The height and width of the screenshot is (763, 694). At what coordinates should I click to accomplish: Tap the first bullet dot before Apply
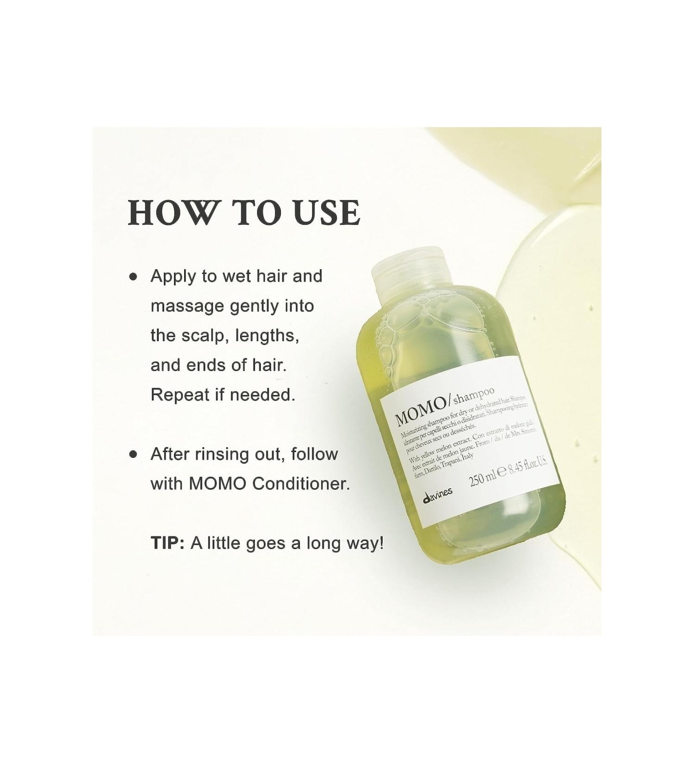pos(134,277)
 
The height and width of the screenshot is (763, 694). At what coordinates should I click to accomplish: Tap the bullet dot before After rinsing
pos(134,455)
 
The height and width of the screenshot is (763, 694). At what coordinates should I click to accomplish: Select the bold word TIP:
pos(167,543)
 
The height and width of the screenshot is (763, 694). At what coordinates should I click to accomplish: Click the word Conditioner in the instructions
pos(301,484)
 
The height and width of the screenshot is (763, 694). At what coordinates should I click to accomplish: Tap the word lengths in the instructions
pos(267,336)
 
